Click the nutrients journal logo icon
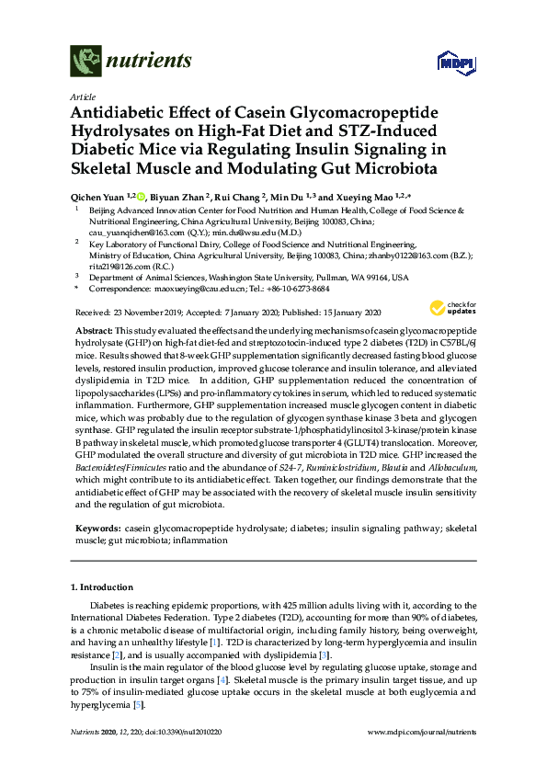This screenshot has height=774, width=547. click(85, 61)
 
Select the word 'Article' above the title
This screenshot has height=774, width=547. click(82, 97)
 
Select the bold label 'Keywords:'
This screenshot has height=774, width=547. click(96, 529)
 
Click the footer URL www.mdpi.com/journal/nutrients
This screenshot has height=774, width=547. click(420, 756)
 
